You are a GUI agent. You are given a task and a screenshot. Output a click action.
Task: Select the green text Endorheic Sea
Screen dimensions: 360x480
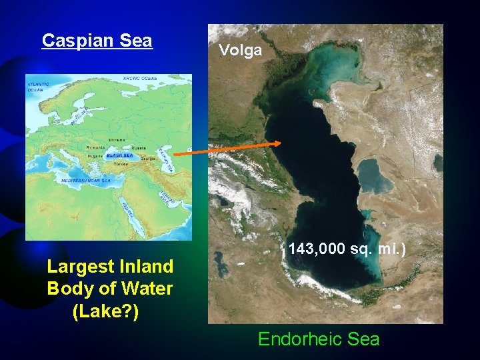tap(319, 339)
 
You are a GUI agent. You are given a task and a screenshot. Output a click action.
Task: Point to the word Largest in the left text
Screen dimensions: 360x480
tap(78, 267)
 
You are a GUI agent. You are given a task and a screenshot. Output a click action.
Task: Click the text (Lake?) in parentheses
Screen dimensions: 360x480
tap(105, 311)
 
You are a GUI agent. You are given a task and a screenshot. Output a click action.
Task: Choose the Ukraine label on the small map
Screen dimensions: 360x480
tap(116, 139)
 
